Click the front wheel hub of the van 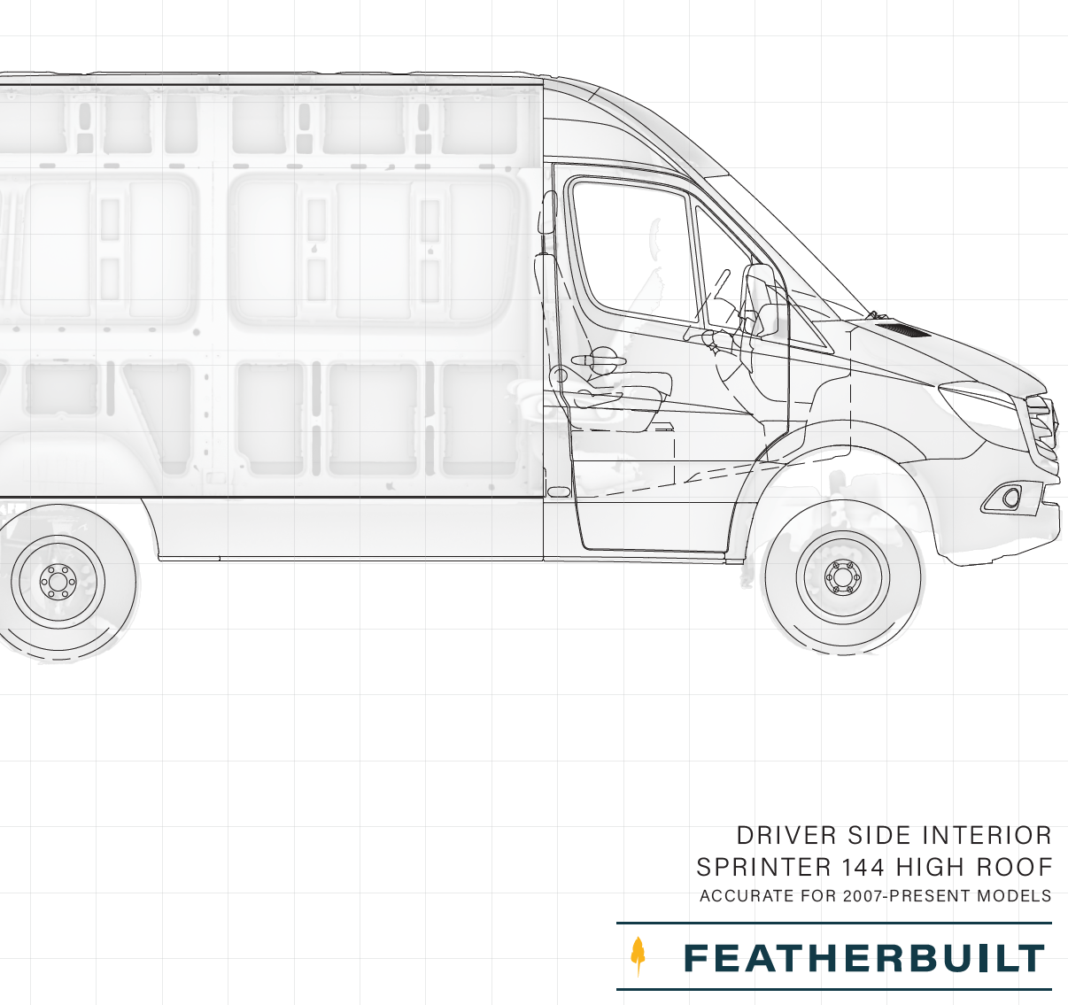click(x=843, y=578)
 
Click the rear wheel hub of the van click(x=58, y=581)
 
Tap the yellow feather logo click(x=638, y=956)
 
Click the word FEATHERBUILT click(x=863, y=958)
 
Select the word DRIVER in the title click(x=786, y=836)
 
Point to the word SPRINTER click(x=763, y=868)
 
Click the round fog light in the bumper click(x=1010, y=498)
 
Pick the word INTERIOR click(x=987, y=836)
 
